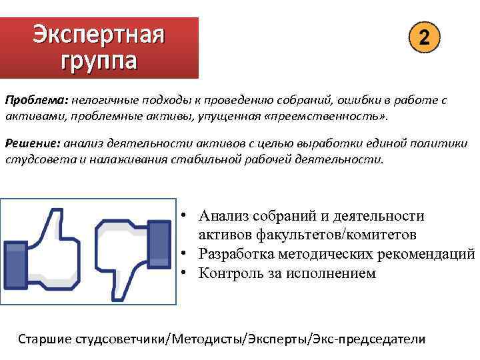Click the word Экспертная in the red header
pyautogui.click(x=99, y=33)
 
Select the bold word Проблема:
pyautogui.click(x=35, y=100)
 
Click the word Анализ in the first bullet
pyautogui.click(x=227, y=216)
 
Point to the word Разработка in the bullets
pyautogui.click(x=239, y=254)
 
